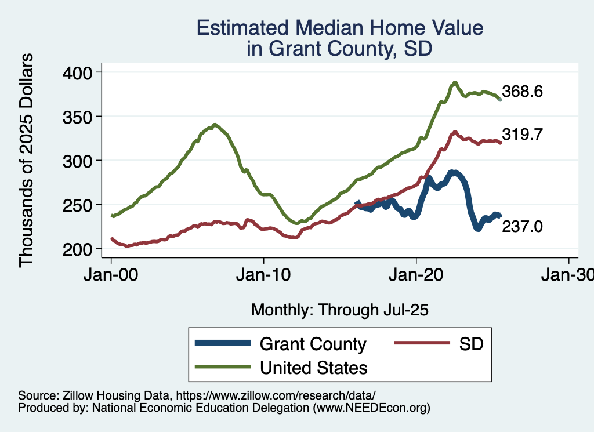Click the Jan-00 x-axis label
tap(111, 274)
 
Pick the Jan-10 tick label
tap(264, 274)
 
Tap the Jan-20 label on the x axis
tap(416, 274)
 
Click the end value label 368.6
tap(522, 92)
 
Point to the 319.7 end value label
tap(522, 135)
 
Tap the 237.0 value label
tap(522, 227)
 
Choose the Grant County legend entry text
tap(313, 344)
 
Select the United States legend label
tap(313, 367)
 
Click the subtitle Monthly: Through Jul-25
tap(339, 310)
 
